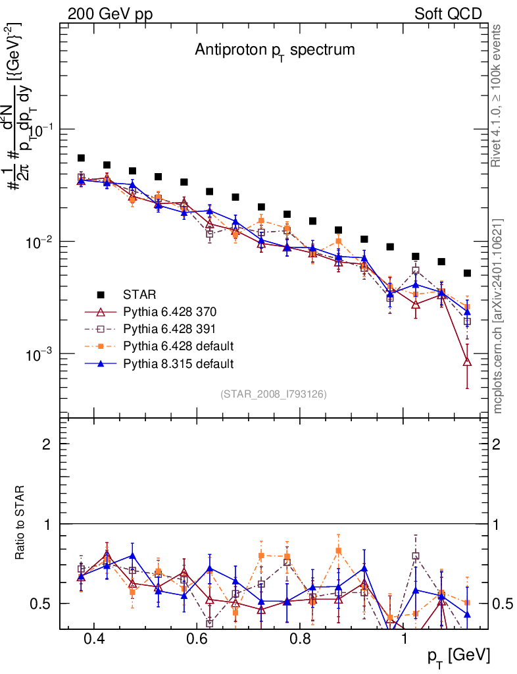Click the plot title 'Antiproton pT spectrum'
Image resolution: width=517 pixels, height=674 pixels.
(274, 50)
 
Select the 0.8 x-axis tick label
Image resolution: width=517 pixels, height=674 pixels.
(301, 639)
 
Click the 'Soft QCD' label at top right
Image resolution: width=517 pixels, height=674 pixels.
(448, 13)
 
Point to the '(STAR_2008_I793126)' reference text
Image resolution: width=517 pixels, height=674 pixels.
(274, 394)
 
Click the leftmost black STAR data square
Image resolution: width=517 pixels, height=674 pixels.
(81, 158)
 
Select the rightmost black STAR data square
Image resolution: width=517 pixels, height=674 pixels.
(467, 273)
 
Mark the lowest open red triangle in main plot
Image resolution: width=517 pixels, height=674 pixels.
(467, 361)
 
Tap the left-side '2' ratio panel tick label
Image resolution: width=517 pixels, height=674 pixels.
(47, 444)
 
